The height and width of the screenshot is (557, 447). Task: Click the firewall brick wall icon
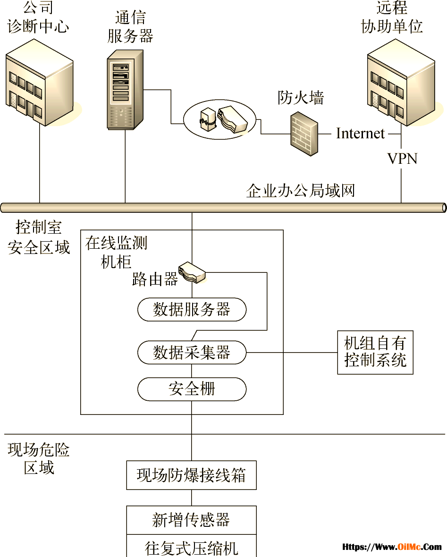click(x=304, y=134)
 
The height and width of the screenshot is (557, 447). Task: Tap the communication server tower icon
click(x=125, y=89)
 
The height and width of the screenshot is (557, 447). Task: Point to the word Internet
click(x=360, y=134)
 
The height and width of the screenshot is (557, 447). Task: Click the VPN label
click(x=402, y=159)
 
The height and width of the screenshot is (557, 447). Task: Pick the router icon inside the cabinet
click(x=192, y=272)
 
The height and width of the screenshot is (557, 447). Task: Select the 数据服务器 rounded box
click(x=192, y=309)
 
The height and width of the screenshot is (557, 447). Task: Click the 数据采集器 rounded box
click(x=192, y=353)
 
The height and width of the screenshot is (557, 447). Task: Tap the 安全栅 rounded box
click(x=192, y=389)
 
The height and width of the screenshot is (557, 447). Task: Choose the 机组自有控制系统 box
click(x=375, y=353)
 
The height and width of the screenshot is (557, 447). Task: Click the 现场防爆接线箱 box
click(x=192, y=475)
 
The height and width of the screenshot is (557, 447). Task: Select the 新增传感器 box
click(x=192, y=520)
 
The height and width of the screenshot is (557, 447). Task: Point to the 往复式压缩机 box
click(x=192, y=546)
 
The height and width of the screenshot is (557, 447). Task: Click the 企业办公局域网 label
click(x=301, y=191)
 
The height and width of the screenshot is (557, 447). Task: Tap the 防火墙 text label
click(x=301, y=98)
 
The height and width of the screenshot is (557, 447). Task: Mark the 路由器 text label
click(x=155, y=279)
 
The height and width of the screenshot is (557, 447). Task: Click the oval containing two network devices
click(x=219, y=119)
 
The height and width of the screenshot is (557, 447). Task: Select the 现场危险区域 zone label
click(x=39, y=459)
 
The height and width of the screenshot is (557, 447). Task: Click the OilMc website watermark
click(x=392, y=547)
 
